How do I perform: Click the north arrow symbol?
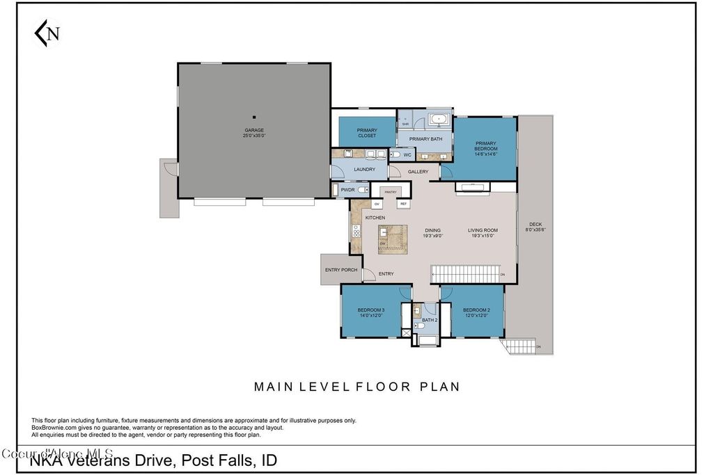[x=47, y=33]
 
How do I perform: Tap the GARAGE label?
[x=253, y=130]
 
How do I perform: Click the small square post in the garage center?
[x=254, y=117]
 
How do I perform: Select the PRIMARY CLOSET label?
[x=367, y=133]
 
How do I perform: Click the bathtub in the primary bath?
[x=438, y=120]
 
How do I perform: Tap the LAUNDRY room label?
[x=364, y=169]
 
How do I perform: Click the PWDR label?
[x=347, y=189]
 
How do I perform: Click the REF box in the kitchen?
[x=402, y=204]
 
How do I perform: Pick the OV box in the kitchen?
[x=377, y=204]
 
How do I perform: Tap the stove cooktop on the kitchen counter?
[x=355, y=232]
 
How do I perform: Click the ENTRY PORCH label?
[x=341, y=270]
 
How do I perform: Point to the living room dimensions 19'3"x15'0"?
[x=482, y=236]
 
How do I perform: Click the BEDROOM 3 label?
[x=371, y=309]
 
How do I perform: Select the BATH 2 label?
[x=430, y=320]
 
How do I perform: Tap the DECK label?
[x=535, y=224]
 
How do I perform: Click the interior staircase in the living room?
[x=464, y=274]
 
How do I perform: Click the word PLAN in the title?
[x=439, y=387]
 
